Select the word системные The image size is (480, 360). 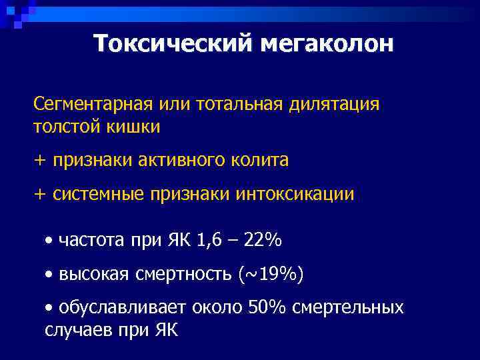pos(97,195)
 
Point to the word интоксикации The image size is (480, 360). pos(295,195)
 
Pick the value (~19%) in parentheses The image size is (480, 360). pos(271,273)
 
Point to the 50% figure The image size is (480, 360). pos(266,307)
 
